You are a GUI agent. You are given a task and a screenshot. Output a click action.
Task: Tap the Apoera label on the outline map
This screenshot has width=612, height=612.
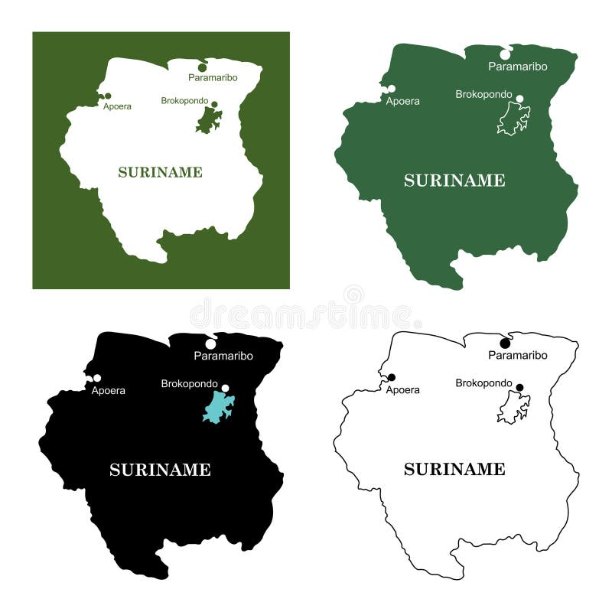pos(402,390)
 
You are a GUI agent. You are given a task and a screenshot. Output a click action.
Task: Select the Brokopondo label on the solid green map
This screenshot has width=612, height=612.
pos(483,94)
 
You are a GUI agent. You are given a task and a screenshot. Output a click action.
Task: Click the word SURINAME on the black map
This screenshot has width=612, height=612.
pos(160,470)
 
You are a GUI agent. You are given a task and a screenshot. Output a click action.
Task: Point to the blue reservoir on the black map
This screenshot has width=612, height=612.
pos(218,406)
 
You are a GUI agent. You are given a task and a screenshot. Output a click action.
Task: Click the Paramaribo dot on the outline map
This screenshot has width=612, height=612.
pos(505,343)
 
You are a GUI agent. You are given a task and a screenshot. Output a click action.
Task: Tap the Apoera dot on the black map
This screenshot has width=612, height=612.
pos(97,378)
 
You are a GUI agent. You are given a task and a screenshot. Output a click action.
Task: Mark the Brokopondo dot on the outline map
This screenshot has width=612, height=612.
pos(519,387)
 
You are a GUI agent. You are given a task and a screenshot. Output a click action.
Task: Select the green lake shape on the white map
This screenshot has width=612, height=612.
pos(207,121)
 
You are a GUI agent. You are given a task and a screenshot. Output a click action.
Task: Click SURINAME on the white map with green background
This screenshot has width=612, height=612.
pos(160,172)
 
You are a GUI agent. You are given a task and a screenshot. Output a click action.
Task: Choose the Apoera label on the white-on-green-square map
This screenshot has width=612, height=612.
pos(117,106)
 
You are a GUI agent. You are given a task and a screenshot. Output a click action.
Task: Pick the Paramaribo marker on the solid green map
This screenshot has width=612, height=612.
pos(505,54)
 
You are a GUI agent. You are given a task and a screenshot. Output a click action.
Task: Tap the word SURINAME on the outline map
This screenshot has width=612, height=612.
pos(454,469)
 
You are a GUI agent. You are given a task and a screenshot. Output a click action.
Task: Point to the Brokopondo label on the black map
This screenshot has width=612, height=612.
pos(189,383)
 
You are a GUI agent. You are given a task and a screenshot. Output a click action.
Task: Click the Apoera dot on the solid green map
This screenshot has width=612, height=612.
pos(392,90)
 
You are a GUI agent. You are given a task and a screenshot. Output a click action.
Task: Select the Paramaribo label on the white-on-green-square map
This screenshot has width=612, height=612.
pos(213,77)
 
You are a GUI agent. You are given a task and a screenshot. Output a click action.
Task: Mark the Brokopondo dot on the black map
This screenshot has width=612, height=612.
pos(225,388)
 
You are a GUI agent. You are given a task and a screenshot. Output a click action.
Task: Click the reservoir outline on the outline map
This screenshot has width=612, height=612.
pos(513,407)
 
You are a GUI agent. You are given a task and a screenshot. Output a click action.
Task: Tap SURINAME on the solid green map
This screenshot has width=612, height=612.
pos(454,181)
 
